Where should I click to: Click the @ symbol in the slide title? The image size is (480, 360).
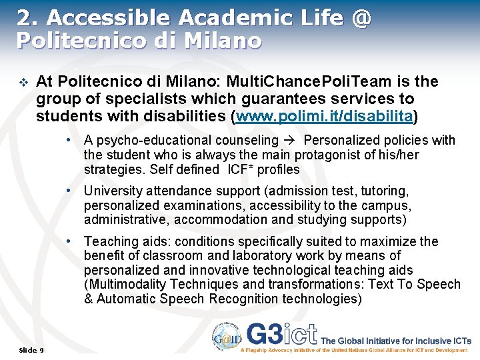[x=360, y=18]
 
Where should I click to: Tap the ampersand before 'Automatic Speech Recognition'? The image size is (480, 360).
[x=88, y=299]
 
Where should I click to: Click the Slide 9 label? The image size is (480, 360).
[x=31, y=350]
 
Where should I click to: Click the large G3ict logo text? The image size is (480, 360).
[x=281, y=334]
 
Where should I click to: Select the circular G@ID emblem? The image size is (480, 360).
[x=223, y=337]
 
